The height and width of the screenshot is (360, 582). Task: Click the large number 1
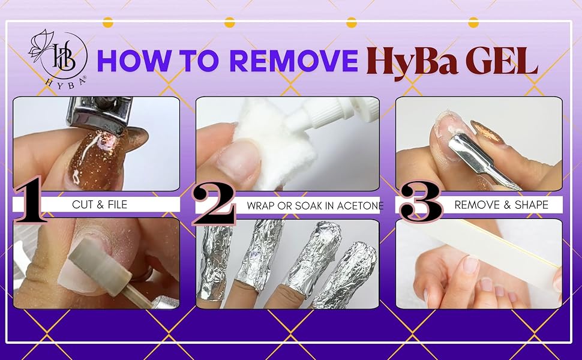(x=31, y=200)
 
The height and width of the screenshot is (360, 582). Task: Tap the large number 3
(x=420, y=202)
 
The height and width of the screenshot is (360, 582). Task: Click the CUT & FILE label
(x=100, y=205)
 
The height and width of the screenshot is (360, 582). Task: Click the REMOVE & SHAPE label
(x=501, y=205)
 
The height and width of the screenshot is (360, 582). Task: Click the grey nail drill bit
(x=101, y=263)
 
